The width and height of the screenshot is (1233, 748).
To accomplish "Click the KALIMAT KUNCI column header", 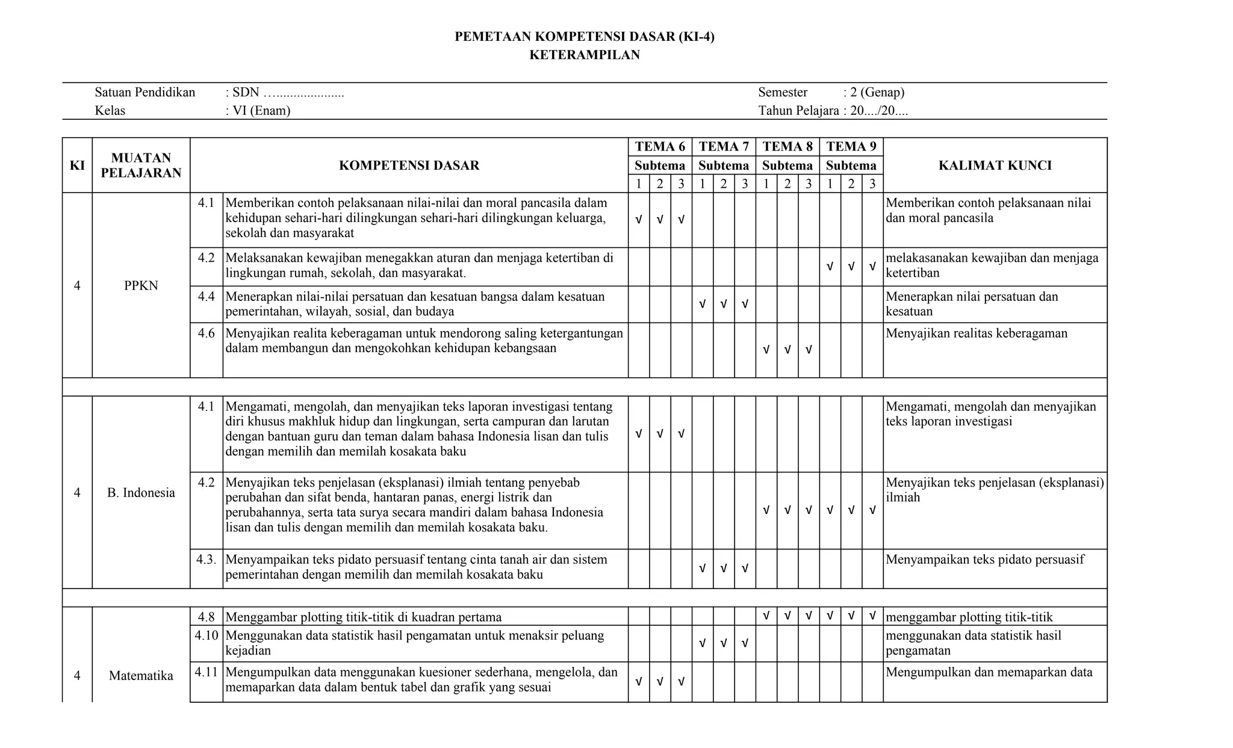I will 995,165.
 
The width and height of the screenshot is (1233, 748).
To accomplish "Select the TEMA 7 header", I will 724,147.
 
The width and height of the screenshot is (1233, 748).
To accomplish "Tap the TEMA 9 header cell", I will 851,147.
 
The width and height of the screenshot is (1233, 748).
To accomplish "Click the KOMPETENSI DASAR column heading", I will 409,165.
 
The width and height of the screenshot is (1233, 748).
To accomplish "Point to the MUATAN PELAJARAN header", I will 141,165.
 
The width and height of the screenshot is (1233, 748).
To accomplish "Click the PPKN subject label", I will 141,286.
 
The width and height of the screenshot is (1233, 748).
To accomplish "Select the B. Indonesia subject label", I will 141,493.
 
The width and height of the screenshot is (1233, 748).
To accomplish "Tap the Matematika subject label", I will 141,676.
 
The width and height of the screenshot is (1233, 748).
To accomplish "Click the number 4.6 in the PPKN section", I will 206,333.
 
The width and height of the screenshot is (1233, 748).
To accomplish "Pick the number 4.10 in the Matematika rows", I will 206,635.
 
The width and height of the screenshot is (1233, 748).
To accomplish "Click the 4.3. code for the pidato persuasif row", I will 206,560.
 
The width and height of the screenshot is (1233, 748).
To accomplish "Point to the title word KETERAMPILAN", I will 584,55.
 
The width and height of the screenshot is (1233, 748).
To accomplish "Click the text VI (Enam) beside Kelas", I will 261,111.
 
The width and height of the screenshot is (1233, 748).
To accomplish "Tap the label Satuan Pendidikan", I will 145,93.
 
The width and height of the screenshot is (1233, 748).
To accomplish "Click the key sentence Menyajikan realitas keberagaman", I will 977,333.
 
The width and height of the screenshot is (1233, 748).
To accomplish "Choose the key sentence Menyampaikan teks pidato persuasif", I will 984,560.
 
